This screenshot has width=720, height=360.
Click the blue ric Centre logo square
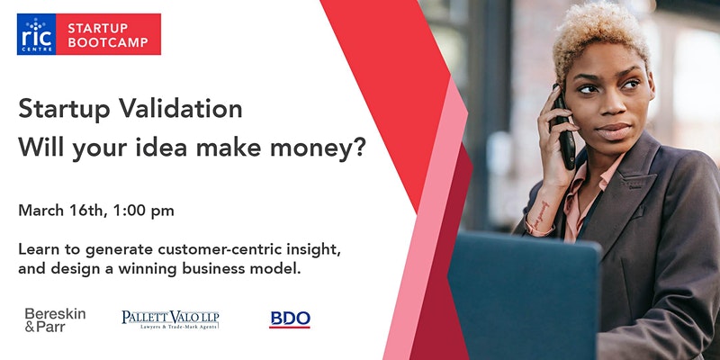(x=36, y=34)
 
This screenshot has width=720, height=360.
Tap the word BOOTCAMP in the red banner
(x=108, y=42)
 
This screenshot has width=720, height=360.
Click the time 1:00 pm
(x=143, y=211)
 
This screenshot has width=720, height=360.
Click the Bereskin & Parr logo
(x=55, y=320)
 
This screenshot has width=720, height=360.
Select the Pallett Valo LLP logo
(x=170, y=319)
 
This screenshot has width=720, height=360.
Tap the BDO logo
(x=290, y=319)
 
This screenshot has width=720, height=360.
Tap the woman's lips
(x=614, y=131)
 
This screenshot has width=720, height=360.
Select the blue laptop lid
(x=523, y=294)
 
